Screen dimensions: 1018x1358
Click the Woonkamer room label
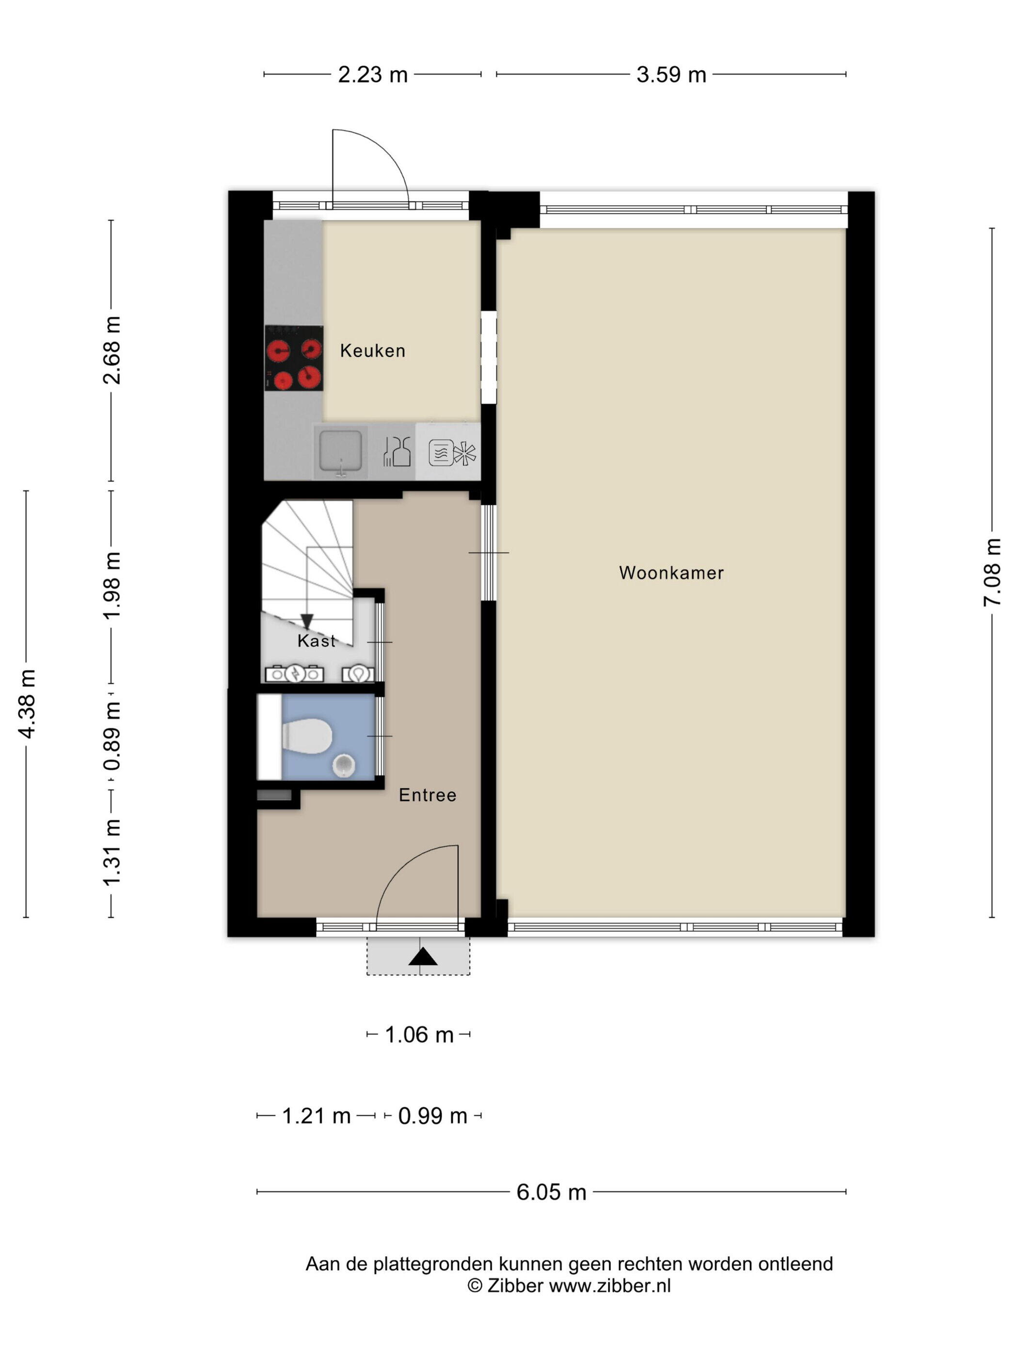click(671, 573)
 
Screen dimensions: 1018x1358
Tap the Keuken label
click(372, 351)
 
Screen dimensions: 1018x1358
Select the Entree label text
click(427, 795)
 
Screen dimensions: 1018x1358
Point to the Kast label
click(317, 641)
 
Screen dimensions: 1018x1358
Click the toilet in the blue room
click(307, 735)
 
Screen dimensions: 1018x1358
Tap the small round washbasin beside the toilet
click(344, 765)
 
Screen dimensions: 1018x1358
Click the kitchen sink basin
click(341, 451)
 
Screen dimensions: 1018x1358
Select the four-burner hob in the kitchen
click(294, 358)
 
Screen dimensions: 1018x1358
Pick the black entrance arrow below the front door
click(423, 956)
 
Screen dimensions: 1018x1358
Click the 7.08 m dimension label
click(992, 572)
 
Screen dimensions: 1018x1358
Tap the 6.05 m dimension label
click(551, 1192)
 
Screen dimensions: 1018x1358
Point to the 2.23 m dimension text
click(372, 74)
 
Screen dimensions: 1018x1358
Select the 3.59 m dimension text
click(671, 74)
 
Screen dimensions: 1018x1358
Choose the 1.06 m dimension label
click(418, 1035)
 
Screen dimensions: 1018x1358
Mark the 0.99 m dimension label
click(432, 1115)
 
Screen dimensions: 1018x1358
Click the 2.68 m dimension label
click(111, 350)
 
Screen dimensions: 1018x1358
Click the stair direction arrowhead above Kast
click(307, 621)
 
